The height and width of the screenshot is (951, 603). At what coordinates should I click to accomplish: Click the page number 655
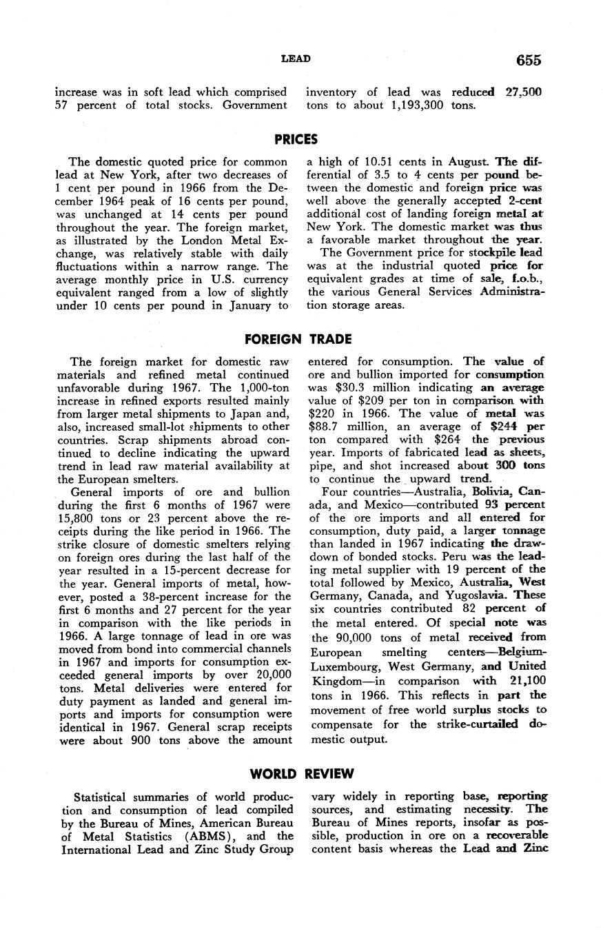[529, 60]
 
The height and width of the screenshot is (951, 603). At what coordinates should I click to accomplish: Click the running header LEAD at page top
[296, 59]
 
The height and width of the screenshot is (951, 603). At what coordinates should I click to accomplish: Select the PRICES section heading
[296, 139]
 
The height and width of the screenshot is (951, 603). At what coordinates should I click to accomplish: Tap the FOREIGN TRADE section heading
[298, 339]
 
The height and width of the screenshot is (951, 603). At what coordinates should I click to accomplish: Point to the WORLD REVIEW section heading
[302, 774]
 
